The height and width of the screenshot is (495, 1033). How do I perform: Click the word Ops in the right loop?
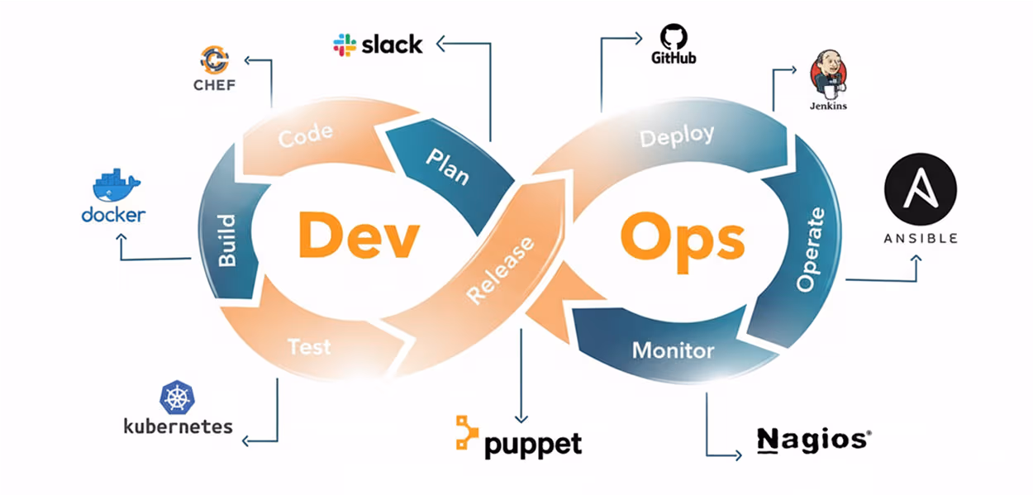682,238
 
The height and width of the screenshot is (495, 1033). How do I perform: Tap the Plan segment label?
447,165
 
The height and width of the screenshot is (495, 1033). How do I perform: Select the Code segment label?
305,136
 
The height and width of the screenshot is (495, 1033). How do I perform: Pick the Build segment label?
226,240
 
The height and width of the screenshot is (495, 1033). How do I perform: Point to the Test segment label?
309,346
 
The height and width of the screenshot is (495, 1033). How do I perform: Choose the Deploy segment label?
677,136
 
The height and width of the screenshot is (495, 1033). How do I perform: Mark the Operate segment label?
810,250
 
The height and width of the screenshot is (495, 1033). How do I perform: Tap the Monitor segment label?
673,350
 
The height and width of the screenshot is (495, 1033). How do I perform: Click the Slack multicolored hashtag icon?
345,45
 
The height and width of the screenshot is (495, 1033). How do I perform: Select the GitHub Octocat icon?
674,36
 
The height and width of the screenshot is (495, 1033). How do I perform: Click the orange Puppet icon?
467,434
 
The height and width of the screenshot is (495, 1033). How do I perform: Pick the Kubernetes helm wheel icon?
178,398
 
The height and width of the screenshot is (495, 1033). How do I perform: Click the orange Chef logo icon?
215,60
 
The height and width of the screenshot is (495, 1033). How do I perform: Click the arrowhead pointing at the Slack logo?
440,44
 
